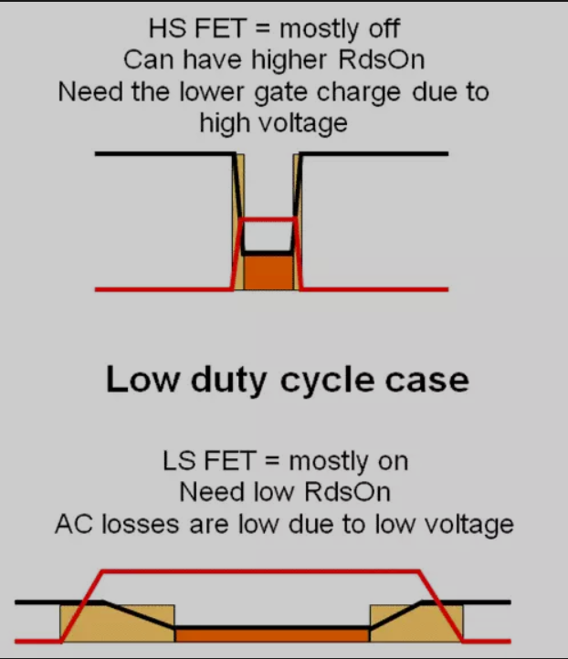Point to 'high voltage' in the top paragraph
(274, 122)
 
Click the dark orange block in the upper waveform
(267, 272)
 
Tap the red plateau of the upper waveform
(268, 219)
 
